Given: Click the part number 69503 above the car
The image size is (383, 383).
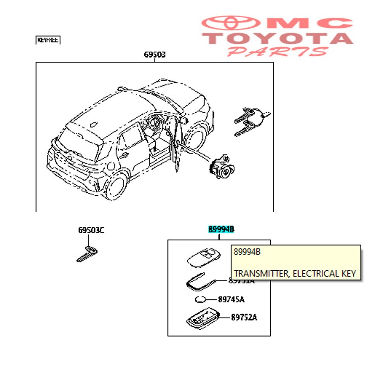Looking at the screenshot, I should coord(154,55).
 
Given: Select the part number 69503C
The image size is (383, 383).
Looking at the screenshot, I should coord(91,231).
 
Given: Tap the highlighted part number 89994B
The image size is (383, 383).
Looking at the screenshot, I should coord(221,229).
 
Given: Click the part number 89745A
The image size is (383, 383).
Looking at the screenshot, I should coord(231,300).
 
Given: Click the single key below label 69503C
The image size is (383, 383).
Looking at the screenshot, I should coord(87,254).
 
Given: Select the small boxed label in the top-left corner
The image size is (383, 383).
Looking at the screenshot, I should coord(48,40).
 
